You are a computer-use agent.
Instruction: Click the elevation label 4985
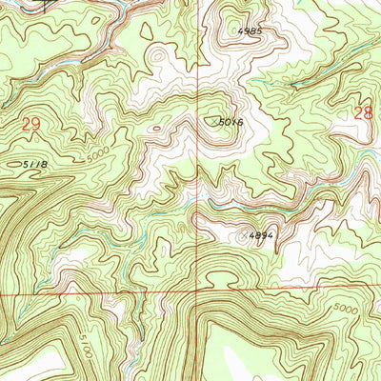click(251, 30)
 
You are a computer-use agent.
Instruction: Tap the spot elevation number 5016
click(231, 122)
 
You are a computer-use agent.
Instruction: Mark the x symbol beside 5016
click(213, 120)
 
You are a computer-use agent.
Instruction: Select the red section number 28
click(363, 112)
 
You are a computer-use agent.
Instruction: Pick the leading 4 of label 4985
click(241, 30)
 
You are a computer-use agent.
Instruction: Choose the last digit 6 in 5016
click(241, 122)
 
